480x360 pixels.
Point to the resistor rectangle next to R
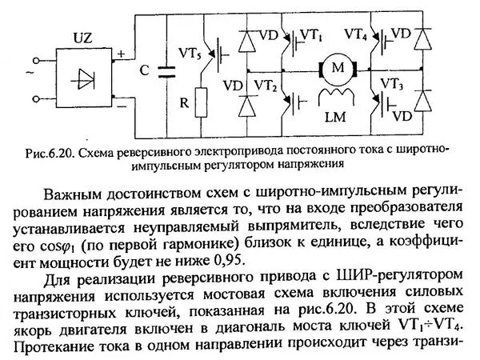tap(202, 103)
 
